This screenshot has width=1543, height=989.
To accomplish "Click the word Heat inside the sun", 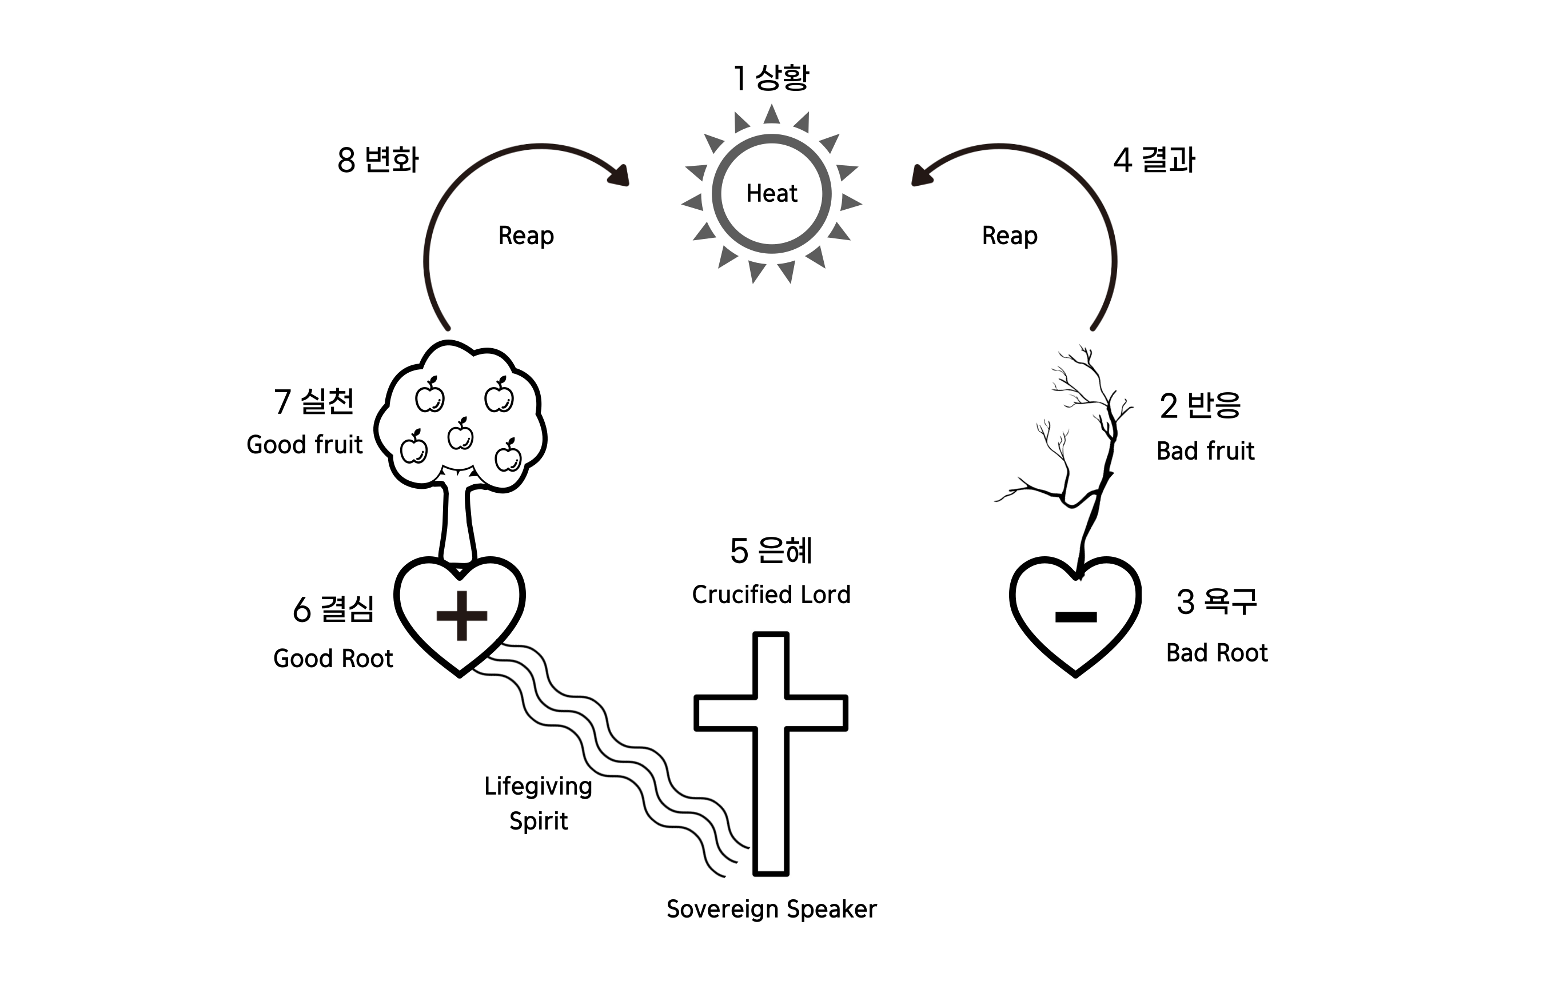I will [x=771, y=193].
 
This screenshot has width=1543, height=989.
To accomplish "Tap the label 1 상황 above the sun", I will [x=771, y=78].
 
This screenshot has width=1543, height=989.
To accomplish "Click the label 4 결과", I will [x=1154, y=160].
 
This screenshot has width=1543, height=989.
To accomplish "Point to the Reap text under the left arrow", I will [x=526, y=236].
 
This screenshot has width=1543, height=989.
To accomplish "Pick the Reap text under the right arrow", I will [x=1010, y=236].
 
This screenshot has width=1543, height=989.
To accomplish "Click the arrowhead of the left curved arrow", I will [x=620, y=176].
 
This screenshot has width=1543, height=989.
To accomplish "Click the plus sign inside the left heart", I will [x=461, y=616].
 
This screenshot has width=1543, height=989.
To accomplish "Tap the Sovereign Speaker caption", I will [x=771, y=910].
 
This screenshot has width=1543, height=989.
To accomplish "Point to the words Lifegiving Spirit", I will [x=538, y=803].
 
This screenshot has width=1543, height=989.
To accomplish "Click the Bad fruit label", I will [x=1205, y=451].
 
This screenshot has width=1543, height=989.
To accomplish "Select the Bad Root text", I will [x=1217, y=653].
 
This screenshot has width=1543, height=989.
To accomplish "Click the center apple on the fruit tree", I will [x=460, y=436].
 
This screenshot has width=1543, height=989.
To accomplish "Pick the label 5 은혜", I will [x=771, y=551].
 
